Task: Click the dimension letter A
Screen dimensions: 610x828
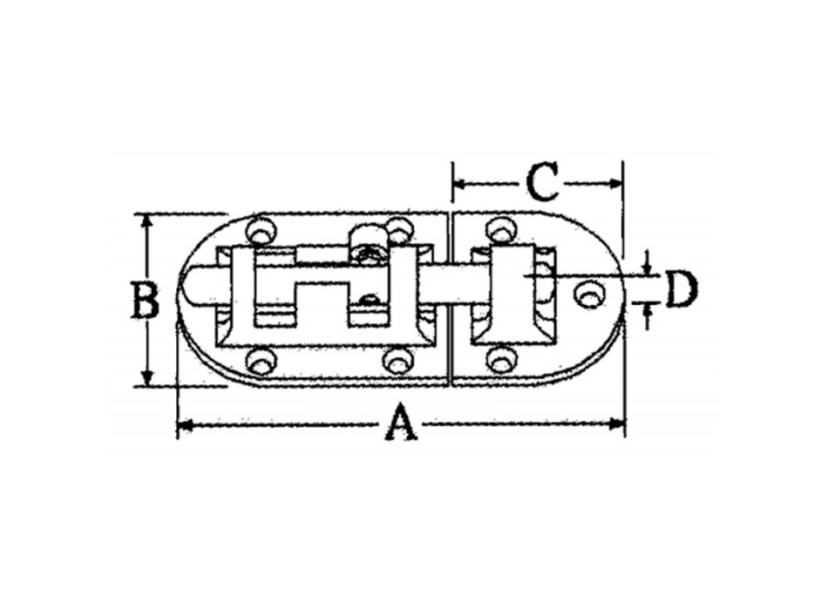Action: point(400,424)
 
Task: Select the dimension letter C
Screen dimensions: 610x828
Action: point(541,183)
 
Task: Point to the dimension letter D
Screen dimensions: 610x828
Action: point(681,290)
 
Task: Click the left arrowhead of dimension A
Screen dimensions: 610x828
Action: point(183,425)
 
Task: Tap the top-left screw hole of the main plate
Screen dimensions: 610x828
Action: point(260,232)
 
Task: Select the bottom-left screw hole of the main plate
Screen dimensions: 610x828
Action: point(260,361)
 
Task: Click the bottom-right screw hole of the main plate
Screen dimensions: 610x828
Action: point(397,359)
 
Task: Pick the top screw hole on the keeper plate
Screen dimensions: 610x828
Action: point(499,230)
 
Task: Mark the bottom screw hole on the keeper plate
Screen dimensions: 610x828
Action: point(499,359)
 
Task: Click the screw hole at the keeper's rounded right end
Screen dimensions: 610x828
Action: point(591,295)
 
